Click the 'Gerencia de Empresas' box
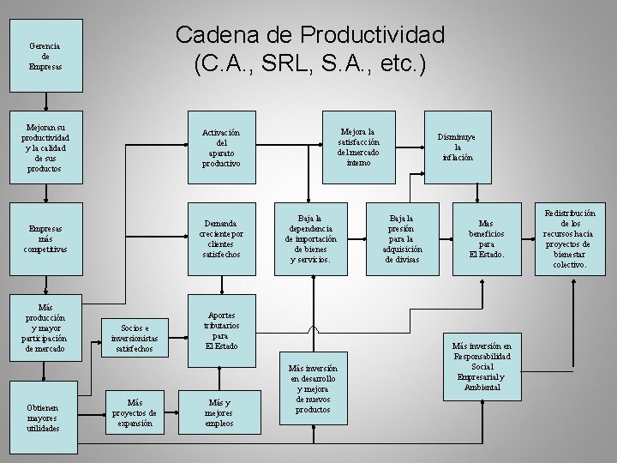click(x=45, y=56)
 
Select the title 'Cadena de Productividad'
click(x=309, y=36)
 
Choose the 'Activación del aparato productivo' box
click(x=221, y=147)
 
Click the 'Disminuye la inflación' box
click(x=458, y=147)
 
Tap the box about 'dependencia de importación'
click(x=310, y=238)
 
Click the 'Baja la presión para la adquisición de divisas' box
click(x=401, y=238)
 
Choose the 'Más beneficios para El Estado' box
click(x=487, y=238)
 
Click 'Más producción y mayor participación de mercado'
click(x=45, y=328)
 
